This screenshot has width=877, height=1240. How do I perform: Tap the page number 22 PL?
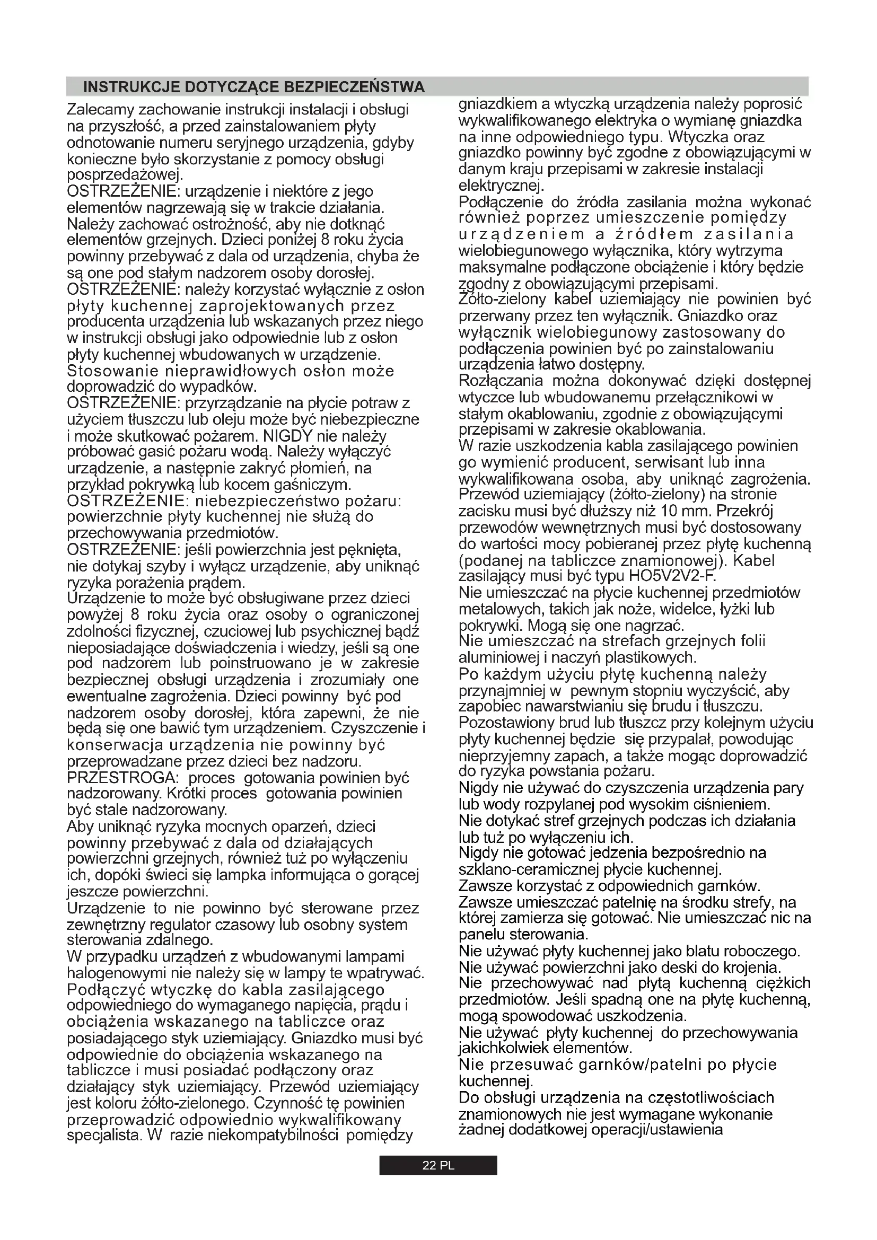tap(438, 1165)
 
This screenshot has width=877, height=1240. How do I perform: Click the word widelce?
tap(676, 609)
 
